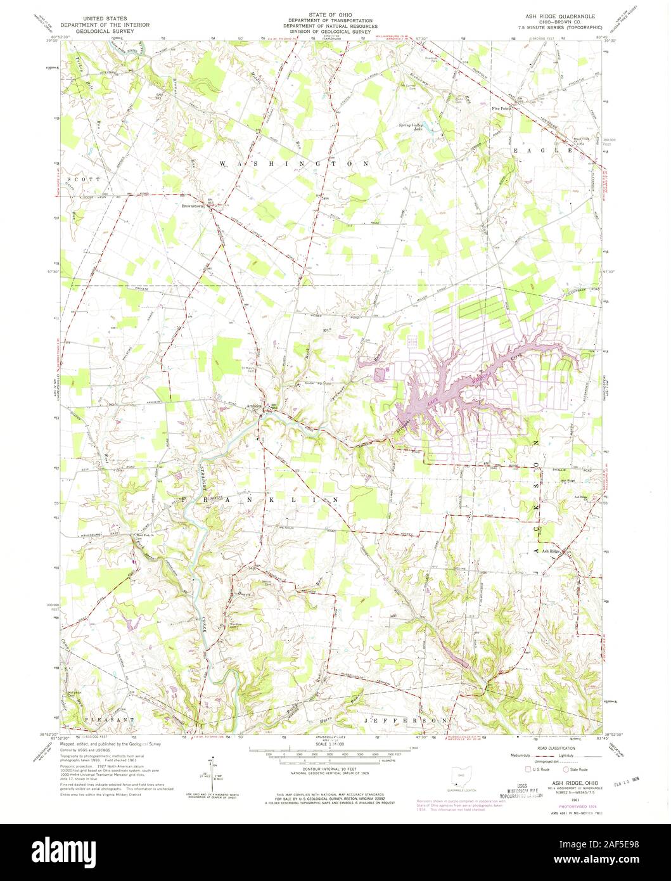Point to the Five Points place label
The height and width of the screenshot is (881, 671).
(x=501, y=108)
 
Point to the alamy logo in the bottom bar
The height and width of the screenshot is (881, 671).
(x=335, y=851)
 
